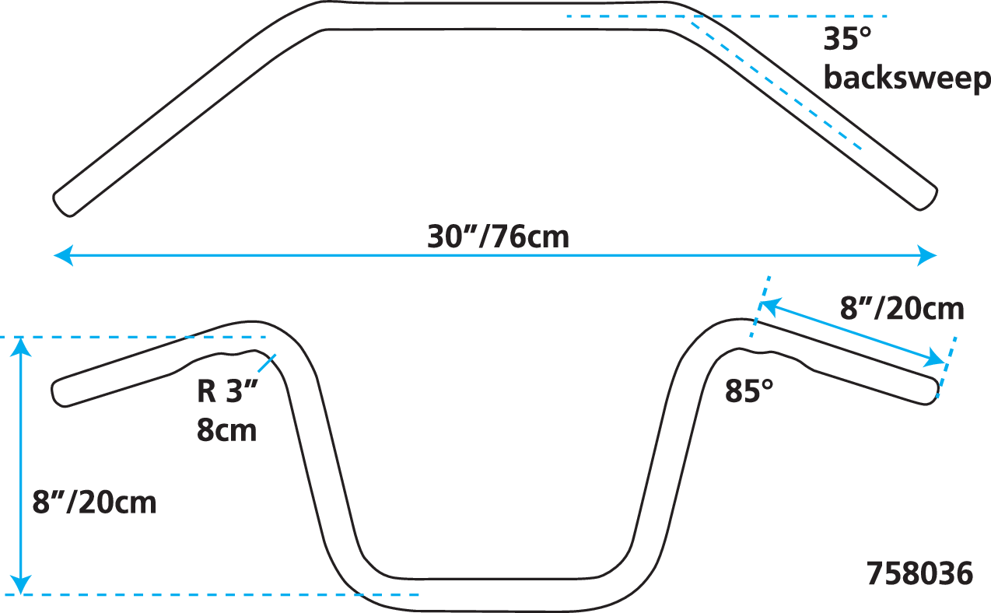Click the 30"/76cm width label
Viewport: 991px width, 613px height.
click(498, 236)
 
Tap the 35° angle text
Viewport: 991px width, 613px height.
click(841, 39)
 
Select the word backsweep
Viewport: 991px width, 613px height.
click(906, 78)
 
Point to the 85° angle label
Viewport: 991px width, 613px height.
click(749, 391)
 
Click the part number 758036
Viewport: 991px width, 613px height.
click(919, 574)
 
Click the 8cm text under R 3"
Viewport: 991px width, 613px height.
click(226, 429)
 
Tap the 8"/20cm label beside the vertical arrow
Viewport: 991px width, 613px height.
click(94, 502)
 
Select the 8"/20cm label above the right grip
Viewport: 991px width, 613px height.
click(902, 309)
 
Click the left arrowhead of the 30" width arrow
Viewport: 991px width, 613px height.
click(61, 254)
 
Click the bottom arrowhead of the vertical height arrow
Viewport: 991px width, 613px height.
click(21, 585)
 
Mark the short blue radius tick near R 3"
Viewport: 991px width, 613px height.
click(265, 363)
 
